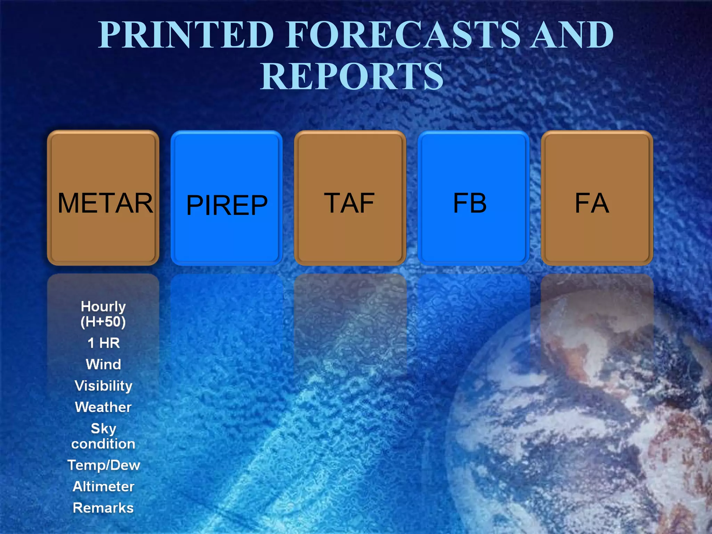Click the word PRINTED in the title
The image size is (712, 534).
click(186, 35)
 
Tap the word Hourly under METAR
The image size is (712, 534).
click(103, 307)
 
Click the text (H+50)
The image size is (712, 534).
click(103, 322)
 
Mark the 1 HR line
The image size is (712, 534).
click(104, 343)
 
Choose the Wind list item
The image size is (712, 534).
click(104, 364)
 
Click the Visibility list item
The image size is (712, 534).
click(104, 386)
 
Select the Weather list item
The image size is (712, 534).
click(104, 407)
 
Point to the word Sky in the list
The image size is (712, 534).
click(103, 429)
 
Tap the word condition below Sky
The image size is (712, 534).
click(103, 444)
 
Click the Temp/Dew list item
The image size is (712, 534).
click(104, 465)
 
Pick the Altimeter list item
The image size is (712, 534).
click(104, 486)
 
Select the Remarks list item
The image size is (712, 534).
click(103, 508)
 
